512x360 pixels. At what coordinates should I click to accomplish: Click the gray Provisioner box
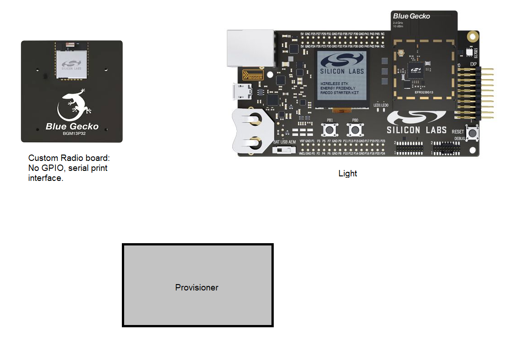coord(197,285)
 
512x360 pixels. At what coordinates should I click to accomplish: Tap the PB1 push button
coord(329,130)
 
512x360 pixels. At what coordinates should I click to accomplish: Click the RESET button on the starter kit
coord(473,133)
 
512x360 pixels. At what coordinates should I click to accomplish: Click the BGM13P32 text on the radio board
coord(72,134)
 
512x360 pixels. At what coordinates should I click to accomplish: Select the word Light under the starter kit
coord(348,174)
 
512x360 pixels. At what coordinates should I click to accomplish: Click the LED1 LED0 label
coord(381,105)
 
